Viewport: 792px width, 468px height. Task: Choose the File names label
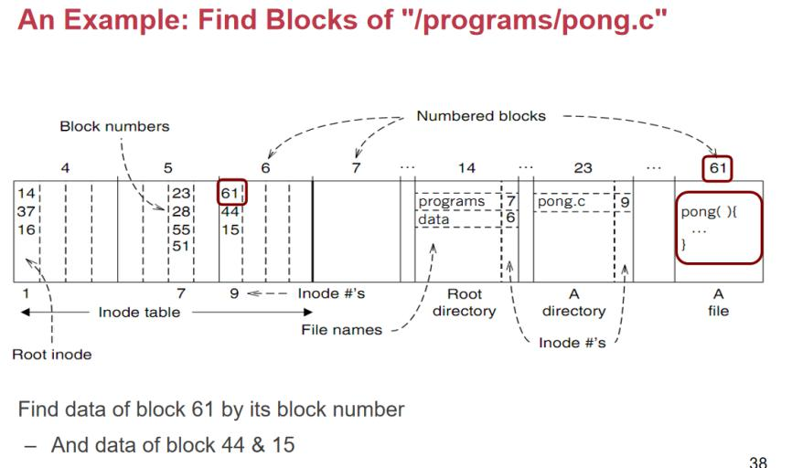tap(342, 330)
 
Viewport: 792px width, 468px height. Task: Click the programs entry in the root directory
tap(452, 201)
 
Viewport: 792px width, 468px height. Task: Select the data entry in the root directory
tap(433, 219)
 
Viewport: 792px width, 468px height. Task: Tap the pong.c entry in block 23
tap(562, 201)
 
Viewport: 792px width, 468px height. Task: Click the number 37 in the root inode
tap(25, 211)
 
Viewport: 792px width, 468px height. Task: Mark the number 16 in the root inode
tap(25, 229)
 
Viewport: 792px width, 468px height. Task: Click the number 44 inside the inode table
tap(230, 211)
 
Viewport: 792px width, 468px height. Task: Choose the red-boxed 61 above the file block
tap(718, 168)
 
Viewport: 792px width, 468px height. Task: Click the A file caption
tap(718, 303)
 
